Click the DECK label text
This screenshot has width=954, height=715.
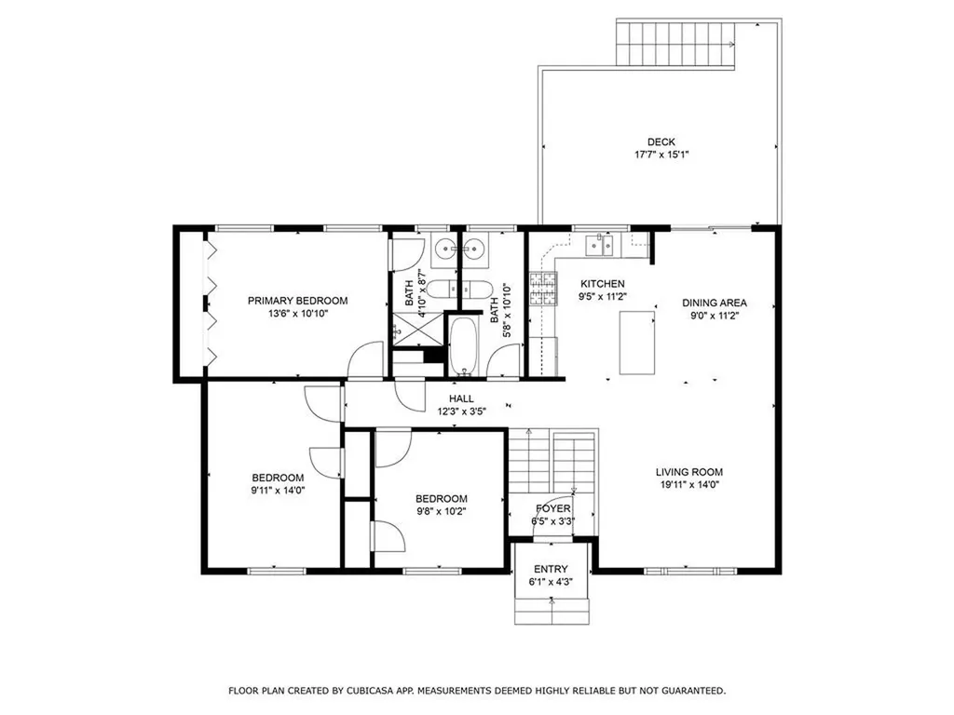661,142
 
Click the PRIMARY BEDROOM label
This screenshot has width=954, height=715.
297,301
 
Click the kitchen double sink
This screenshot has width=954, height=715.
599,246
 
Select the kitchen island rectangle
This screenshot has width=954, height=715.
637,343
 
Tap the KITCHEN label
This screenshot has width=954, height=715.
603,284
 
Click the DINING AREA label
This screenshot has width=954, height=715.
715,303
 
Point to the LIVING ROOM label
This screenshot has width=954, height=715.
688,472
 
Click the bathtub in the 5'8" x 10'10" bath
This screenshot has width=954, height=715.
462,346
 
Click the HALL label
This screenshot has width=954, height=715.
462,398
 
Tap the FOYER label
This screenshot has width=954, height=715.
552,509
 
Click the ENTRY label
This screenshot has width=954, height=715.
551,569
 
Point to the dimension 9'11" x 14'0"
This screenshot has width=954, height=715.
278,490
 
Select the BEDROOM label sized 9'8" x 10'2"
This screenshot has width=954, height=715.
441,499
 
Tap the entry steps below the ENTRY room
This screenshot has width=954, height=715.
552,611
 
